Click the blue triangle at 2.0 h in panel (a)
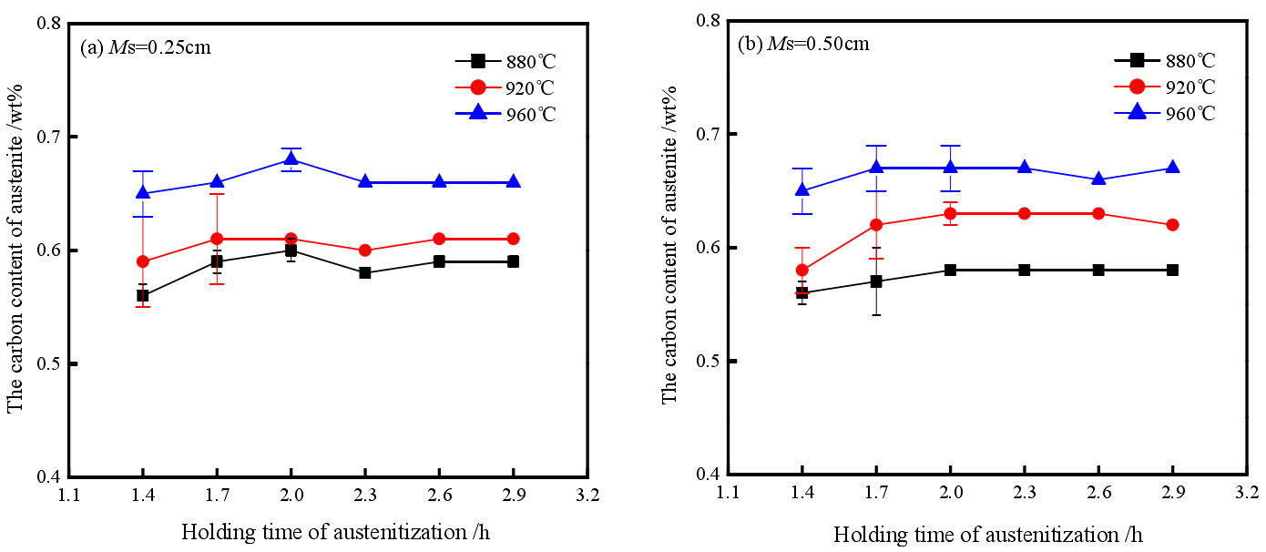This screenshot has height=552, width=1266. tap(291, 159)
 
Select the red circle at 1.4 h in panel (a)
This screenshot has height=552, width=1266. tap(143, 261)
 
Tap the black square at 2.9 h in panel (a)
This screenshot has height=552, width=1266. tap(513, 261)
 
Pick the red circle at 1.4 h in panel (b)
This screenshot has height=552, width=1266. tap(801, 271)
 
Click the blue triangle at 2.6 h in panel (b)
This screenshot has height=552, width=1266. tap(1098, 179)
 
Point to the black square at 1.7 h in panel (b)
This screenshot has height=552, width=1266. tap(876, 281)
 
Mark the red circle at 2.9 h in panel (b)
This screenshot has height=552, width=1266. tap(1172, 224)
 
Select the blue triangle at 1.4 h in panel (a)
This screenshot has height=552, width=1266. tap(143, 192)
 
